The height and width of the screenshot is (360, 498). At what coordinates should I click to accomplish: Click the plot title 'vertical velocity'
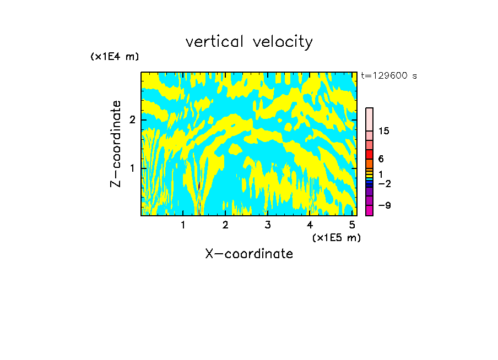coord(249,42)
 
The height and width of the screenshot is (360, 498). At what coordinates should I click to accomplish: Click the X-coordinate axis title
coord(249,254)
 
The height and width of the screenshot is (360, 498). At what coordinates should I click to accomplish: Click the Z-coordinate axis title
coord(116,144)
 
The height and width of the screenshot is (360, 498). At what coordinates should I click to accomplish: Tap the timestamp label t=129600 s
coord(389,75)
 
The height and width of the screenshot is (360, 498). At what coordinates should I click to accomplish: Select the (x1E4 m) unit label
coord(115,57)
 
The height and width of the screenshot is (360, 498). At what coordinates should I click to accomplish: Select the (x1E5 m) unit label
coord(336,237)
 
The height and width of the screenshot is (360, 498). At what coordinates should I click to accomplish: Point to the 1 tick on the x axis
coord(183,225)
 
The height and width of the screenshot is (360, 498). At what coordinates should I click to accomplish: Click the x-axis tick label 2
coord(225,225)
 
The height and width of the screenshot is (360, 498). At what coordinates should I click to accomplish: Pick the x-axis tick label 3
coord(268,225)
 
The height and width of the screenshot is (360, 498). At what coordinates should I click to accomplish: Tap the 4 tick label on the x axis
coord(310,225)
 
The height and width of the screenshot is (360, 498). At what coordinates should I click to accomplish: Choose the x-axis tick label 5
coord(351,225)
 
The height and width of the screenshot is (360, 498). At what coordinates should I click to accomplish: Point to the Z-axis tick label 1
coord(132,167)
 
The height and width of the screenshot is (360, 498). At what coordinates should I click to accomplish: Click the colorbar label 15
coord(384,131)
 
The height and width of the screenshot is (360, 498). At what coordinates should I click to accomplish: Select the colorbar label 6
coord(381,159)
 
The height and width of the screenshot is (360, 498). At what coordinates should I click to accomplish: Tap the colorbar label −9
coord(384,205)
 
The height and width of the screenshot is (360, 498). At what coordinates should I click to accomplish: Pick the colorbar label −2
coord(384,183)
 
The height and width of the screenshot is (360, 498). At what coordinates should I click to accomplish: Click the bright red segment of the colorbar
coord(369,154)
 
